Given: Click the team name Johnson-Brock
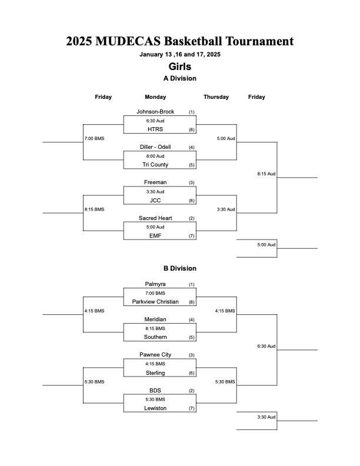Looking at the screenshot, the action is [155, 112].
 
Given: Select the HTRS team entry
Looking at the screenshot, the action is [155, 129].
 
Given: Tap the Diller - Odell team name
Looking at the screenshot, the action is [155, 147].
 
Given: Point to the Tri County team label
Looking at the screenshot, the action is [155, 165].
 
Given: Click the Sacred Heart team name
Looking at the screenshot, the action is [155, 218].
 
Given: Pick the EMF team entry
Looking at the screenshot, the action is [155, 236].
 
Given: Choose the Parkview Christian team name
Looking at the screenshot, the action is [155, 302].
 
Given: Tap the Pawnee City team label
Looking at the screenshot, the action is [155, 355].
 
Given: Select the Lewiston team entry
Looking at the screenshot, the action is [155, 408].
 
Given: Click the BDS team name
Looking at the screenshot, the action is [155, 391].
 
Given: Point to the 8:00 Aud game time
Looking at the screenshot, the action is [155, 156].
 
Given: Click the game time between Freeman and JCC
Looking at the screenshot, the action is [155, 192].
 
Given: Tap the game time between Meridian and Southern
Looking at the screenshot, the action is [155, 328].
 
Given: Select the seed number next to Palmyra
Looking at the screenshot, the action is [192, 284].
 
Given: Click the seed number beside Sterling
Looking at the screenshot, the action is [192, 373].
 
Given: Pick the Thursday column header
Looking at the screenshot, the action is [216, 97].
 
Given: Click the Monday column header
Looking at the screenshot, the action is [155, 97].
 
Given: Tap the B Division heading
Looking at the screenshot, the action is [179, 268].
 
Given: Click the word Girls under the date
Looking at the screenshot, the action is [179, 66].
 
